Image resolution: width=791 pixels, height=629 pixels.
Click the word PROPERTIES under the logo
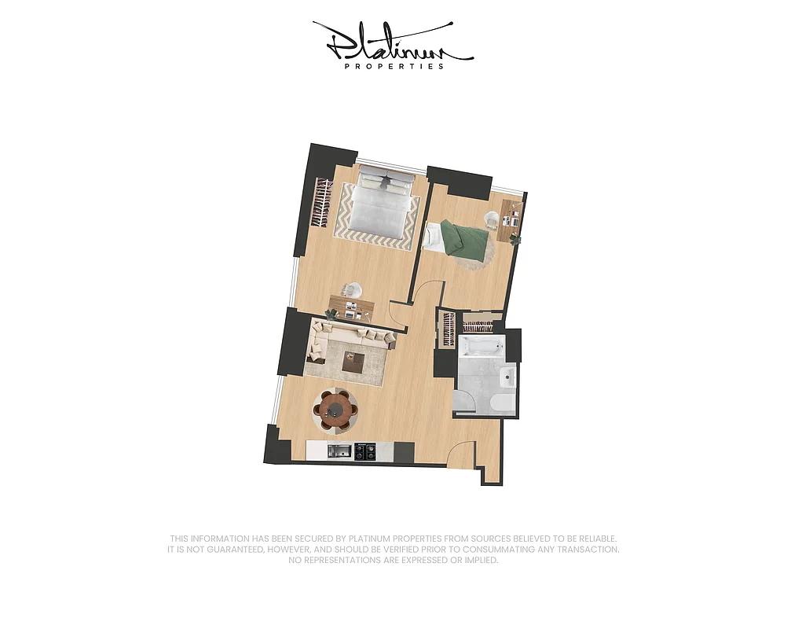[x=394, y=67]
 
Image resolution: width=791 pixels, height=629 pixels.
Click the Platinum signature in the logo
[x=393, y=43]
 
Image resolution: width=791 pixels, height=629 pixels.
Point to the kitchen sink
[x=339, y=451]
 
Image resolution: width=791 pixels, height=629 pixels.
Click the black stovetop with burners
[x=365, y=451]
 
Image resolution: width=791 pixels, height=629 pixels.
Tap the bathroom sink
[x=507, y=378]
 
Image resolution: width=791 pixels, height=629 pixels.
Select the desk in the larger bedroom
[x=350, y=307]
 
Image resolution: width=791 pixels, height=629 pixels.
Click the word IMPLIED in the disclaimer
[x=477, y=561]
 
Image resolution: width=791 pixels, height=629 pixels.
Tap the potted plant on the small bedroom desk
[x=515, y=238]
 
